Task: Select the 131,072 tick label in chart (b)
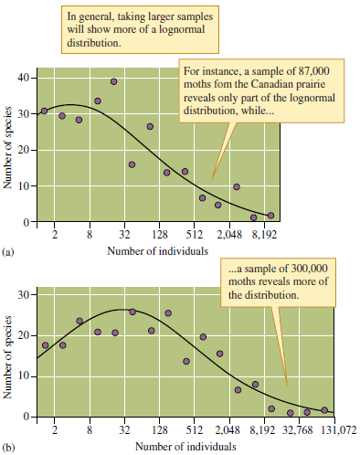coord(339,430)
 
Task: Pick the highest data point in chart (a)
coord(114,81)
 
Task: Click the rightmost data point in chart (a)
coord(270,216)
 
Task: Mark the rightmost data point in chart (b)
coord(325,410)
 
